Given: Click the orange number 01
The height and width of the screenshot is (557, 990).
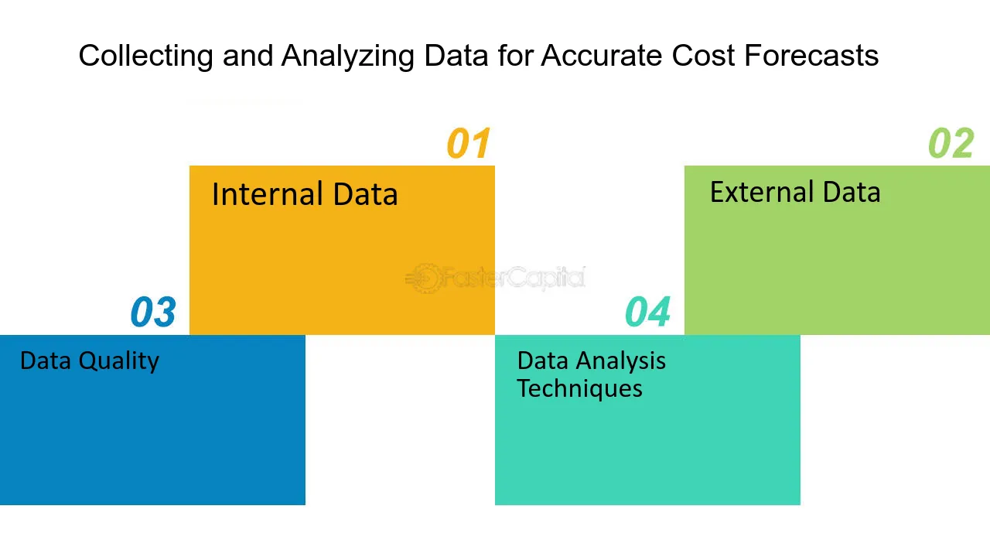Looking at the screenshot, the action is pos(469,143).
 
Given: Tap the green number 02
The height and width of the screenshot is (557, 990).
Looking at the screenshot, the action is pos(951,143).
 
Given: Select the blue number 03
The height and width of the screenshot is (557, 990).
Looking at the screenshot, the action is pos(153,312).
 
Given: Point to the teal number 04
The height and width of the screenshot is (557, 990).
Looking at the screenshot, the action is pos(647,312).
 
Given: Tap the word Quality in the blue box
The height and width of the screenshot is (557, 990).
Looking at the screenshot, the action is pos(118,361).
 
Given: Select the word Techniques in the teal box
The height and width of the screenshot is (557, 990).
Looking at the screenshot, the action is pos(579,388).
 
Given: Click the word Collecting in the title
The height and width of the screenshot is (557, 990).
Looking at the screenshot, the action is pos(146,56).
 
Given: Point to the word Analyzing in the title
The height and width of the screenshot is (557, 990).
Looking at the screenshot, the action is pos(347,56).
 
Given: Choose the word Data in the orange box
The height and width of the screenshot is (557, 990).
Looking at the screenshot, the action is pos(365,193).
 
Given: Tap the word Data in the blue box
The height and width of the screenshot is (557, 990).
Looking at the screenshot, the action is pos(45,361).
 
